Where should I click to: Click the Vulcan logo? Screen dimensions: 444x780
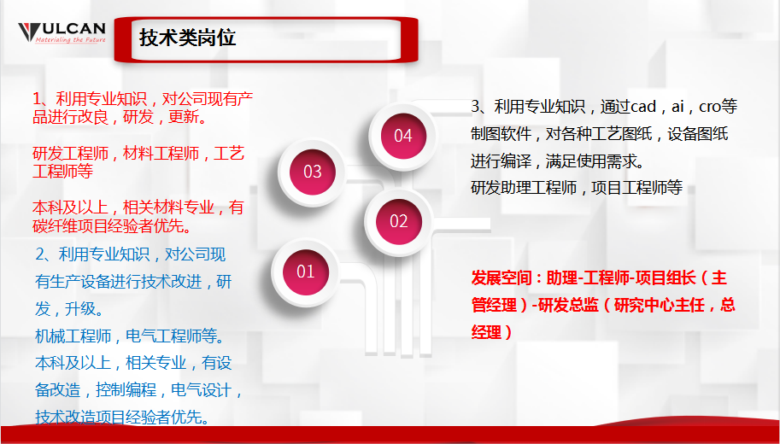click(62, 32)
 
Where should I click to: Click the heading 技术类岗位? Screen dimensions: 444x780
click(187, 38)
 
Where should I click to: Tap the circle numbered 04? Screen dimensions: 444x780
click(402, 136)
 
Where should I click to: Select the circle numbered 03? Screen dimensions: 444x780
click(313, 172)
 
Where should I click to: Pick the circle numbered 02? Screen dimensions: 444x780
click(399, 221)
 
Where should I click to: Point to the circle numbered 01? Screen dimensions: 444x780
click(305, 272)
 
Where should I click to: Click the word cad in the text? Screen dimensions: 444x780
click(642, 107)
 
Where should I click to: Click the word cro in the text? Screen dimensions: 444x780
click(710, 107)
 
